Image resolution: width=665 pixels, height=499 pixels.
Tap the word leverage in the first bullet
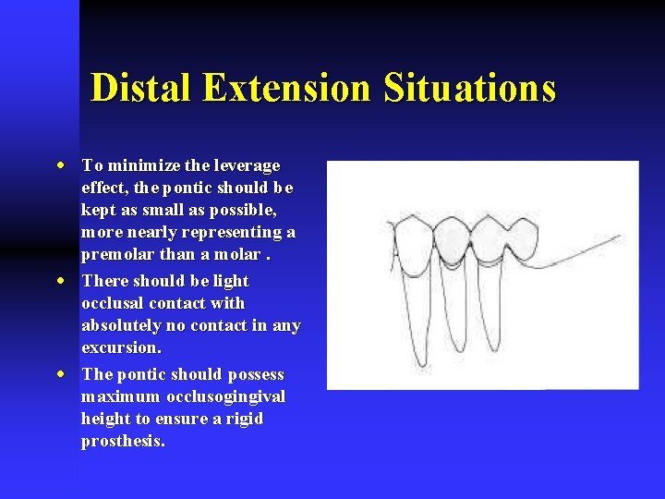point(247,166)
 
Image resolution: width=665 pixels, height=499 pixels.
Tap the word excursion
point(121,348)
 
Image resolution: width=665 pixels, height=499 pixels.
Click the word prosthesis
point(123,442)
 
